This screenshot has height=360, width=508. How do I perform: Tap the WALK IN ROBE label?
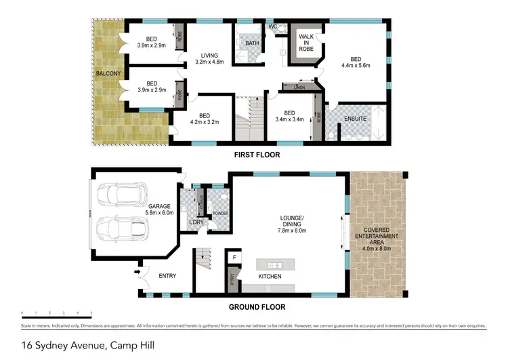coord(301,43)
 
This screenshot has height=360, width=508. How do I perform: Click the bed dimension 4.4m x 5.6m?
coord(356,66)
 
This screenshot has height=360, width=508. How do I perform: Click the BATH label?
coord(253,43)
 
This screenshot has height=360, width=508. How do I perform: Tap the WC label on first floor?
coord(273,26)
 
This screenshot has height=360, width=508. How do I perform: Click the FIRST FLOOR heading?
coord(257,155)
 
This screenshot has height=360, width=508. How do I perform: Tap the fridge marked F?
coord(234,257)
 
